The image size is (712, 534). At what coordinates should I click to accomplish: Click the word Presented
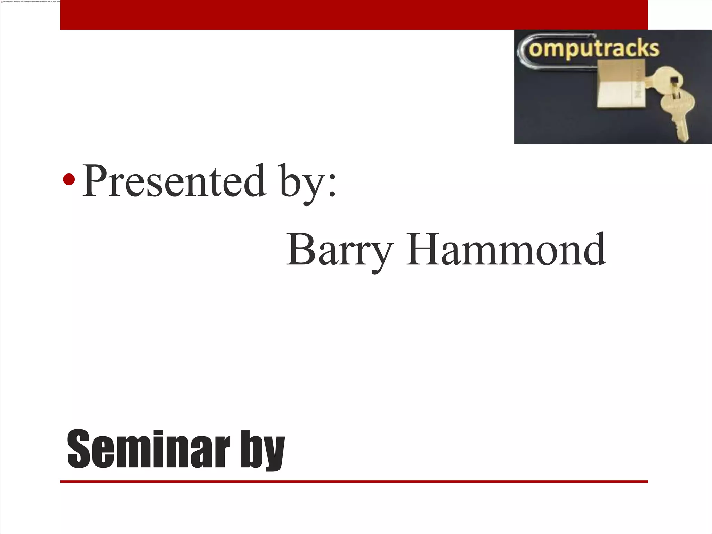(x=174, y=181)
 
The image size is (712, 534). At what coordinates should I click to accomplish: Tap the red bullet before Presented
(x=69, y=179)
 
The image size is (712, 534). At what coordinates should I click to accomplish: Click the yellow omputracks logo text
(x=594, y=49)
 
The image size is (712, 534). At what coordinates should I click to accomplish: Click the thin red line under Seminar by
(x=354, y=482)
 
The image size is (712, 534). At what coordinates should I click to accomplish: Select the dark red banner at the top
(x=354, y=15)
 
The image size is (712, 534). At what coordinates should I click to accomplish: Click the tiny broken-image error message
(x=31, y=1)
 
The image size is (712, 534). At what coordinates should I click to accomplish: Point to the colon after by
(x=332, y=188)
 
